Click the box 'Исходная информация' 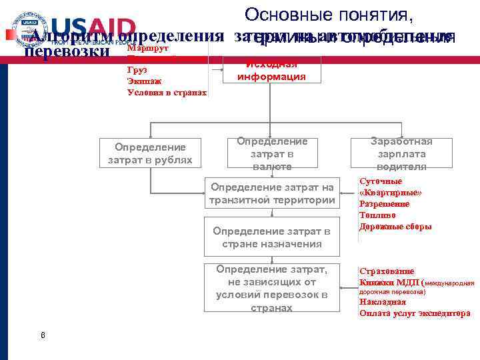click(271, 70)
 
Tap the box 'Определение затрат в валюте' click(271, 154)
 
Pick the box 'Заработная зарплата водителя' click(401, 153)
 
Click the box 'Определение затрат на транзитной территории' click(271, 194)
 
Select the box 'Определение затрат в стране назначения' click(271, 237)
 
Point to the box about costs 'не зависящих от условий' click(271, 288)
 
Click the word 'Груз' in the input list click(137, 69)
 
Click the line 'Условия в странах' click(167, 93)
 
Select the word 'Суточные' click(381, 181)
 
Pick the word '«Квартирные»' click(391, 193)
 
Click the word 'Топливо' click(377, 215)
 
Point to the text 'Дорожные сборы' click(395, 227)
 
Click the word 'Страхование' click(387, 271)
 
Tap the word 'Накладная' click(382, 302)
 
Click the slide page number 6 click(43, 335)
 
